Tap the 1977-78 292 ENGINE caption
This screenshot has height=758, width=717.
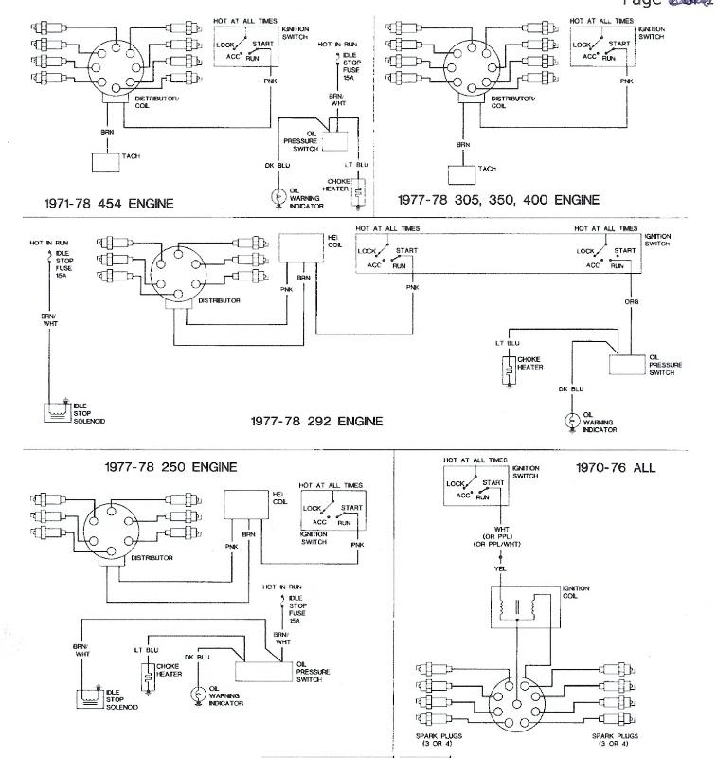pos(316,421)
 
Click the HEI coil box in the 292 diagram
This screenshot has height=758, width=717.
pos(296,247)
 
